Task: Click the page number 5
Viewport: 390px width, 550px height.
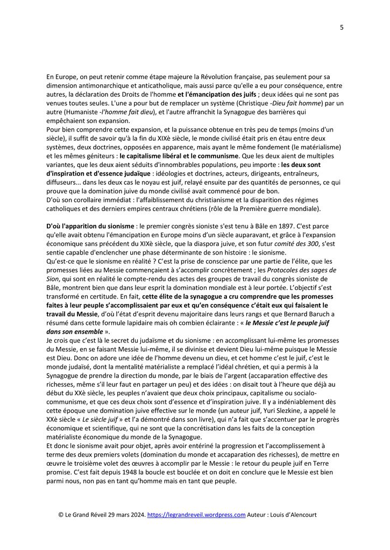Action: pyautogui.click(x=342, y=28)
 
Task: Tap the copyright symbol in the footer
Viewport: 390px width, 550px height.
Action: pyautogui.click(x=61, y=515)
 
